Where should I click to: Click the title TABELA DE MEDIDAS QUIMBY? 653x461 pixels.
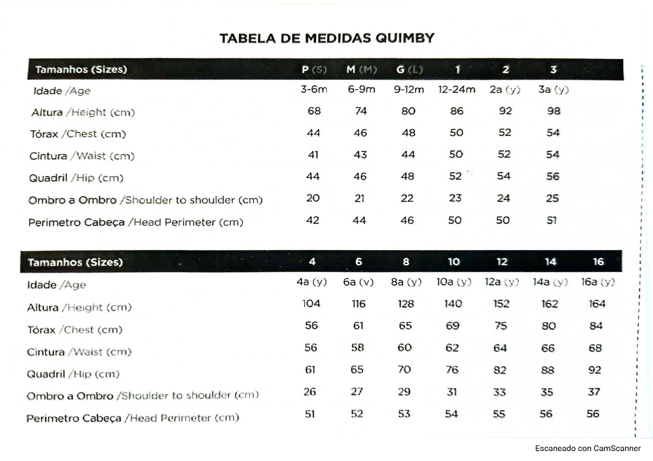coord(327,38)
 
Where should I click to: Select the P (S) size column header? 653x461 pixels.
coord(314,70)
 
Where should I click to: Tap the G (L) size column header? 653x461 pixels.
coord(409,70)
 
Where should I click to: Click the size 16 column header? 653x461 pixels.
coord(598,262)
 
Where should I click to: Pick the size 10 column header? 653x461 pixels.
coord(453,262)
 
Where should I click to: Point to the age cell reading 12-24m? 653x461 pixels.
coord(456,89)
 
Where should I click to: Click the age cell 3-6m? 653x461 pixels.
coord(314,89)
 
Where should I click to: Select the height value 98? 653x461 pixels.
coord(553,111)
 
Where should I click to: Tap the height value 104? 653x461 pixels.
coord(311,303)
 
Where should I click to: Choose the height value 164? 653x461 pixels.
coord(597,304)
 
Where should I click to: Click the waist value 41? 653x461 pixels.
coord(313,155)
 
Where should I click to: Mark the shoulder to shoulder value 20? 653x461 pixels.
coord(313,198)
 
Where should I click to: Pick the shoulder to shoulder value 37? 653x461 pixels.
coord(594,392)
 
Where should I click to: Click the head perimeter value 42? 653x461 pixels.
coord(313,220)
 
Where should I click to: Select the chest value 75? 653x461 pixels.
coord(501,326)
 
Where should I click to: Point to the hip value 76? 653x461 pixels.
coord(452,370)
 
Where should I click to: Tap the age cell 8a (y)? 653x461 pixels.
coord(406,282)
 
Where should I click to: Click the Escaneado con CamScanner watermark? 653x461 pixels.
coord(587,448)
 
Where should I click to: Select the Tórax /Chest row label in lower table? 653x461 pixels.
coord(75,330)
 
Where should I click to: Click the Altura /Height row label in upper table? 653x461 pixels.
coord(83,112)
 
